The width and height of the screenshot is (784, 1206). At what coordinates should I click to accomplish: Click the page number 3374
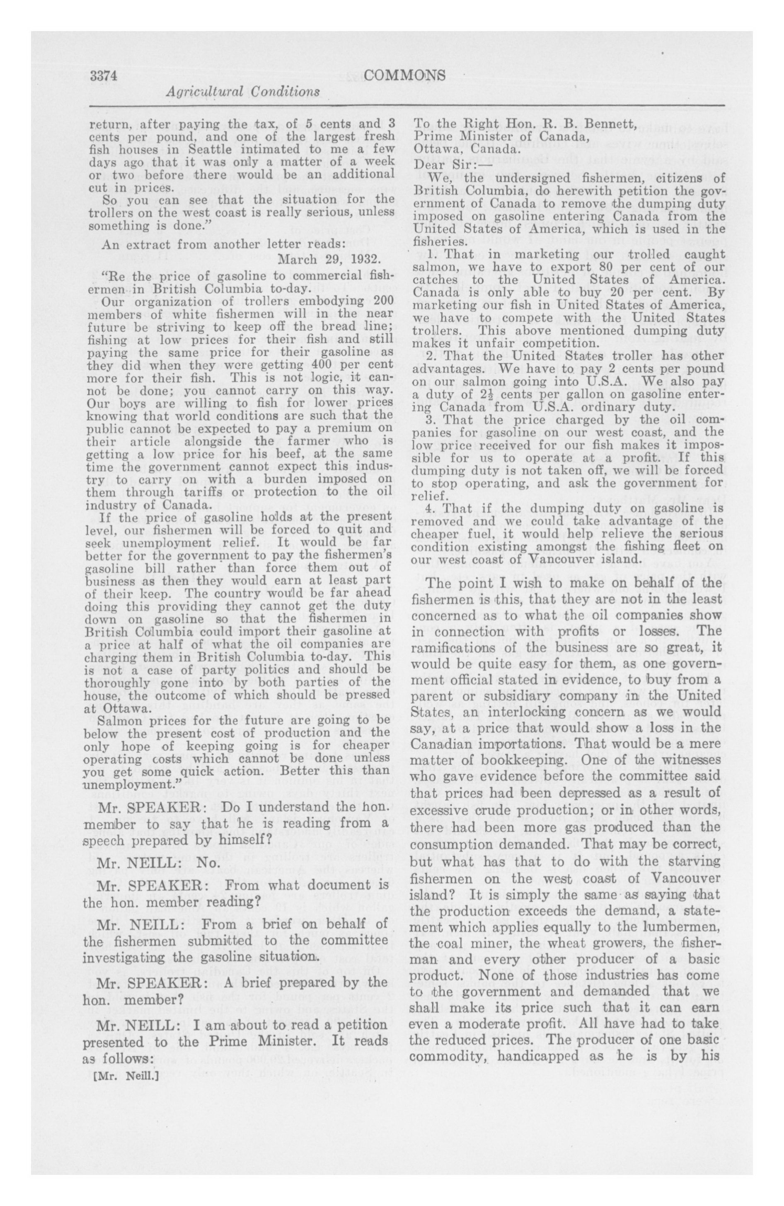(x=104, y=75)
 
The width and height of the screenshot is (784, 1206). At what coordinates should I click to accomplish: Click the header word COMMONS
(x=405, y=75)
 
